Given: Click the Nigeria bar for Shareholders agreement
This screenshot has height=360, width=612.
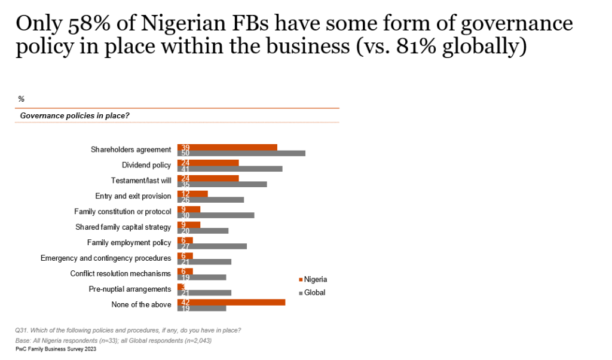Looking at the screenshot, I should (x=228, y=147).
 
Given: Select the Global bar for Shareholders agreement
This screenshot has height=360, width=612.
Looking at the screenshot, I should (x=241, y=154).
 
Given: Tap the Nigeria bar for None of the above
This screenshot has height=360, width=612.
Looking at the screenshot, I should (x=231, y=301).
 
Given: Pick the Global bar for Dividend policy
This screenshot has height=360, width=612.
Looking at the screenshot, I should (x=230, y=169).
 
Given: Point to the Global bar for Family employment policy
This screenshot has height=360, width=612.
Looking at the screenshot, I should (x=212, y=246).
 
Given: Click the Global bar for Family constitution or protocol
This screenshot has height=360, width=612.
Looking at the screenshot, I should (x=216, y=215).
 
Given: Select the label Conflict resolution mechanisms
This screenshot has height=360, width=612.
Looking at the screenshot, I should (x=121, y=274).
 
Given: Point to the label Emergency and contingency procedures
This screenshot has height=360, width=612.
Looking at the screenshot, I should (x=106, y=258).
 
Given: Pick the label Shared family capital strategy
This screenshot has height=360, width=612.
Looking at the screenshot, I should (x=123, y=227).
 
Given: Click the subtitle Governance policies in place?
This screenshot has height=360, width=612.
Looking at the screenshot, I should (x=75, y=115).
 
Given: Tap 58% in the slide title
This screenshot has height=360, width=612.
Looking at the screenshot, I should (x=78, y=24).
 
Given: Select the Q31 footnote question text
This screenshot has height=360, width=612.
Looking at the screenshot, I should (x=128, y=330).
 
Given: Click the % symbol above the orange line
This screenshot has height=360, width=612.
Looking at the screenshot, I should (x=22, y=99).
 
